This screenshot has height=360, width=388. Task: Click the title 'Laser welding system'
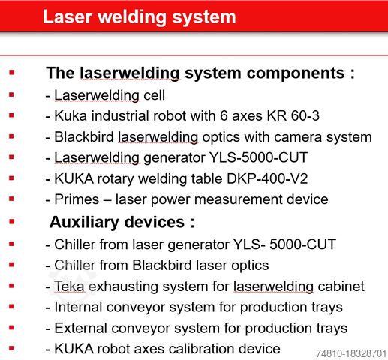tap(140, 17)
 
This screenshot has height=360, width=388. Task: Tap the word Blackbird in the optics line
tap(84, 137)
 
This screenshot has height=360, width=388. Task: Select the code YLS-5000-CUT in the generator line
tap(258, 157)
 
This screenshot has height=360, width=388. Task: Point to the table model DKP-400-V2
tap(267, 179)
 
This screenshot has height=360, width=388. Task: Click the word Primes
tap(77, 199)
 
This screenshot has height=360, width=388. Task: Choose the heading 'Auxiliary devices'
tap(122, 222)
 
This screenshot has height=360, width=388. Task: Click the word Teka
tap(69, 286)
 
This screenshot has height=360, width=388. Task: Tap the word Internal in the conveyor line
tap(78, 307)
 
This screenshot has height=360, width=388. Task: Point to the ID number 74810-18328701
tap(351, 353)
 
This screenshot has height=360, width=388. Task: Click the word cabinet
tap(341, 286)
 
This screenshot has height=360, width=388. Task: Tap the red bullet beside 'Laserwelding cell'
tap(11, 94)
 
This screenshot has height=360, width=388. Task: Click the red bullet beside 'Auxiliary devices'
tap(11, 221)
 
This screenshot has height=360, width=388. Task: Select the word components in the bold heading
tap(296, 73)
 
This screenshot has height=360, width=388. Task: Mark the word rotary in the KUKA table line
tap(116, 179)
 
